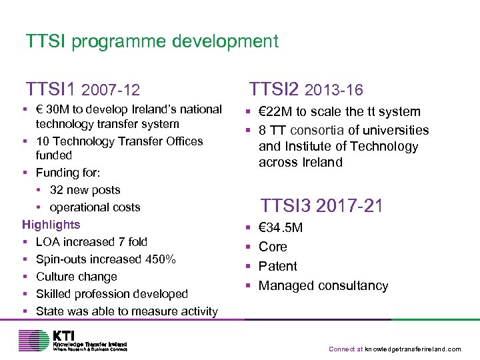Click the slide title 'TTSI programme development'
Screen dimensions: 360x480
152,41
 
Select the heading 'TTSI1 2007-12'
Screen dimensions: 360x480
83,89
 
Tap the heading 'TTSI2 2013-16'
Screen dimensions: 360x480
306,89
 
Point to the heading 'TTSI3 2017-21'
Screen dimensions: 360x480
321,205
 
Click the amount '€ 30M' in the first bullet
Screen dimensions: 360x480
51,109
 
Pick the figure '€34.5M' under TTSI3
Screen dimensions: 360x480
281,228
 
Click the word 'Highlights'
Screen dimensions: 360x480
51,225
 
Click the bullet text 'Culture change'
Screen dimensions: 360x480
77,277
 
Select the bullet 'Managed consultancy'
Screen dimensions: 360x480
323,285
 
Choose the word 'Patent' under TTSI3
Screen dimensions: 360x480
277,266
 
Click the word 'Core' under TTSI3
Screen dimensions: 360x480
273,247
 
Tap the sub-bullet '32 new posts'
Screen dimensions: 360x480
85,190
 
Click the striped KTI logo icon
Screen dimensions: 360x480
34,341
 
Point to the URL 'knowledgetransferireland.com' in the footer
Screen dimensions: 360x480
413,349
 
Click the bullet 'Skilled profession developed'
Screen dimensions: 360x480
112,294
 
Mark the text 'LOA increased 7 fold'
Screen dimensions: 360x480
92,242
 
